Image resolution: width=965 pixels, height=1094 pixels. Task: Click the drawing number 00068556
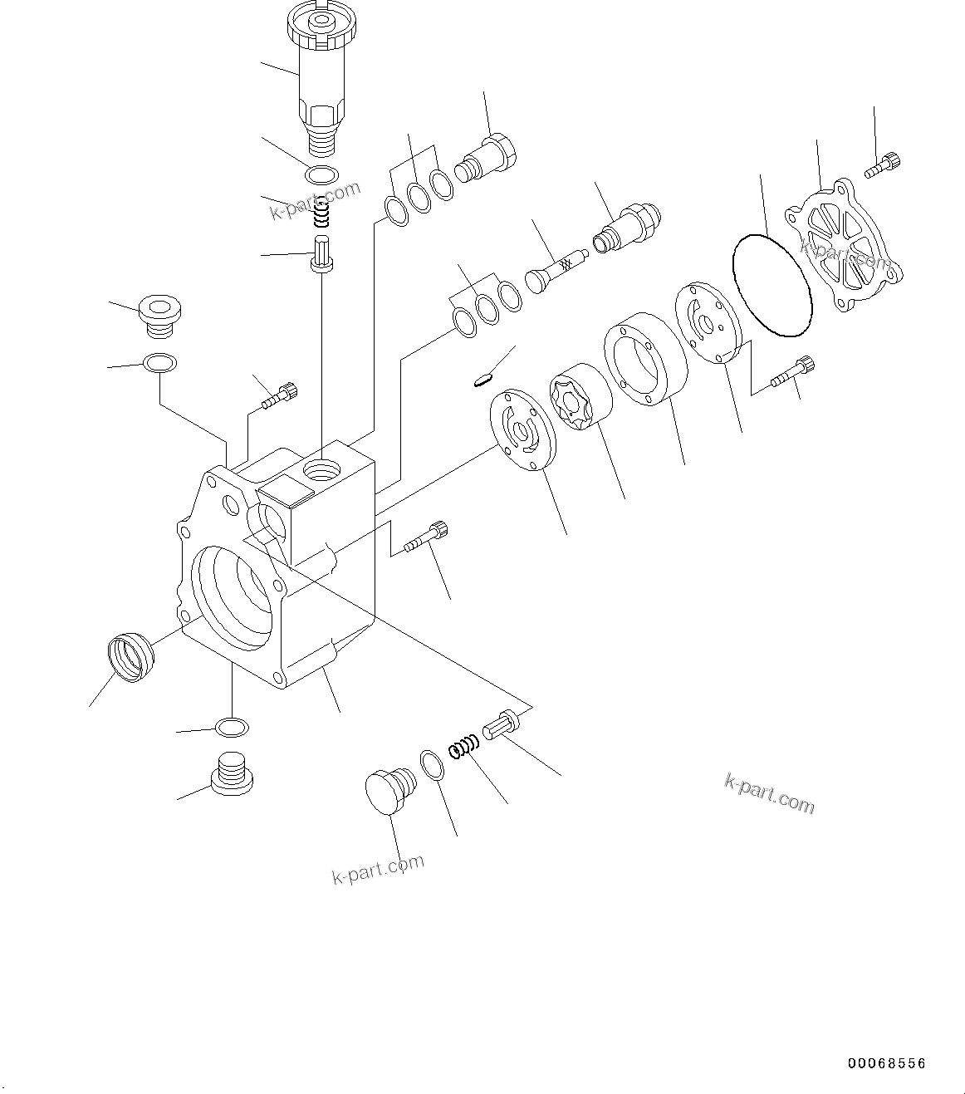coord(886,1063)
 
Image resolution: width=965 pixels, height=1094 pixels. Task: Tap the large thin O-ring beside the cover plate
coord(772,285)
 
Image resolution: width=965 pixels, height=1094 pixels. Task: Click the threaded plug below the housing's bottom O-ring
coord(233,773)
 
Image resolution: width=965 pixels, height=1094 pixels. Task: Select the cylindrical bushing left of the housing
coord(131,657)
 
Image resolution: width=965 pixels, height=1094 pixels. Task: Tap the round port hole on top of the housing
coord(322,472)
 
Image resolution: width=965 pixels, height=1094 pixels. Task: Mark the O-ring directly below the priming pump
coord(321,175)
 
